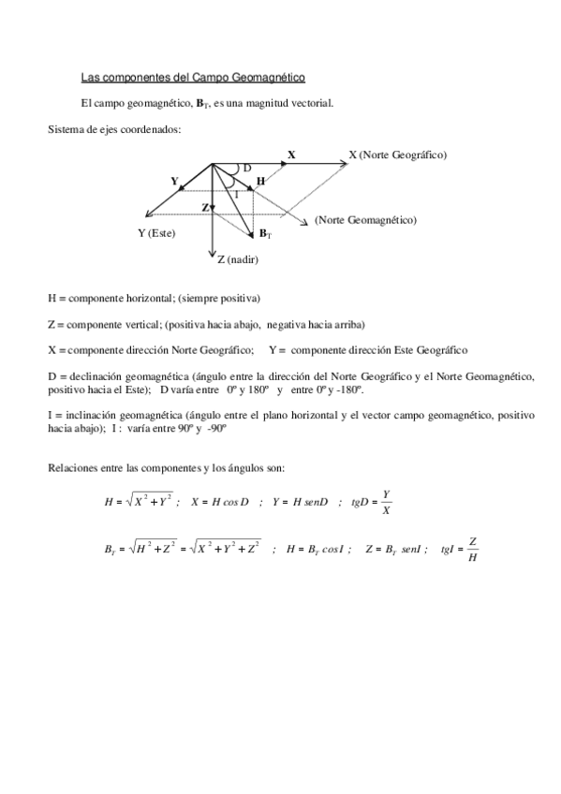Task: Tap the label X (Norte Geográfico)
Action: point(397,154)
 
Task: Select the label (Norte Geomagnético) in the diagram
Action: point(365,220)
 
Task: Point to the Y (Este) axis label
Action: point(156,233)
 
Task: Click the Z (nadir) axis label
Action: point(238,259)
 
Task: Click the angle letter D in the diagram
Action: point(246,168)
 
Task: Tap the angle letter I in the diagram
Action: point(236,194)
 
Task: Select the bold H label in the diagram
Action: point(259,180)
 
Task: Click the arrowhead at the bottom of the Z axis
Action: point(214,251)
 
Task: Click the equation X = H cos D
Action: point(219,502)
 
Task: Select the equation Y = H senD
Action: point(300,502)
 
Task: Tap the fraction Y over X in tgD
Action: point(386,502)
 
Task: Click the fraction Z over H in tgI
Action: point(474,550)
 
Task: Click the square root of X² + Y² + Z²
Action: point(225,550)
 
